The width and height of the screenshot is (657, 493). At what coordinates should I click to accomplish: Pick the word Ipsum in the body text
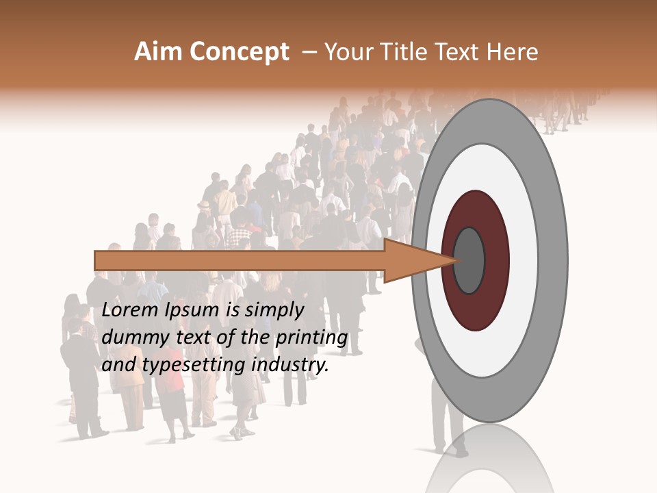(191, 311)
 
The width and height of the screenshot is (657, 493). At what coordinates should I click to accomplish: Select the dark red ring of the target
(494, 260)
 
